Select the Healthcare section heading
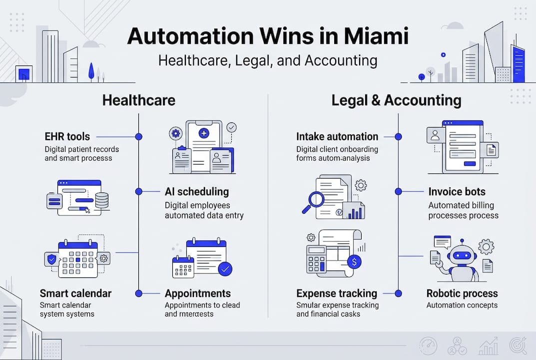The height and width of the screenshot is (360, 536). tap(139, 100)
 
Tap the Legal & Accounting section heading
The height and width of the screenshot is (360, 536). tap(396, 100)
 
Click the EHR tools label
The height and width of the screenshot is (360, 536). tap(67, 136)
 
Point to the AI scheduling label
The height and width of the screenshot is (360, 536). tap(197, 191)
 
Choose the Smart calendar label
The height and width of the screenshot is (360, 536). tap(75, 293)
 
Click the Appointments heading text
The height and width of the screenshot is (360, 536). tap(198, 293)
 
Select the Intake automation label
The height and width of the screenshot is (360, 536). tap(337, 136)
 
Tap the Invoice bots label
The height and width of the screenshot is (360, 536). tap(457, 191)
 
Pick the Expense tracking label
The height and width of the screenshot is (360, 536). tap(337, 293)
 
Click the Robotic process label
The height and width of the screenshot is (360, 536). tap(462, 293)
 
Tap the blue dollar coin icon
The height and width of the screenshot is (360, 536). tap(354, 261)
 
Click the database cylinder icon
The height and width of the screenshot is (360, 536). tap(102, 200)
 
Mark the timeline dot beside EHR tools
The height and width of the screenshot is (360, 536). tap(139, 136)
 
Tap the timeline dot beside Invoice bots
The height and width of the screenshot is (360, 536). tap(399, 191)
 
